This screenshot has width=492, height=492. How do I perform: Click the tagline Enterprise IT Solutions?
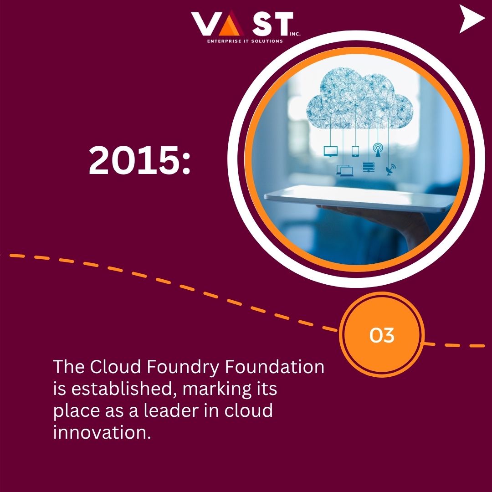click(245, 41)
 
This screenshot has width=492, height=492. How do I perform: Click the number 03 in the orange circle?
click(382, 336)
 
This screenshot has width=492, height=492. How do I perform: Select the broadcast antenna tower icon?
click(378, 150)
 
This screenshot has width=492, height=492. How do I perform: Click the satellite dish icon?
click(390, 170)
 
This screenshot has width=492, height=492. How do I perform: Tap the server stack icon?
click(368, 168)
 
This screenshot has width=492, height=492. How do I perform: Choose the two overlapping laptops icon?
click(345, 170)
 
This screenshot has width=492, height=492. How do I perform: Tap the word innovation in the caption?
click(102, 432)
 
